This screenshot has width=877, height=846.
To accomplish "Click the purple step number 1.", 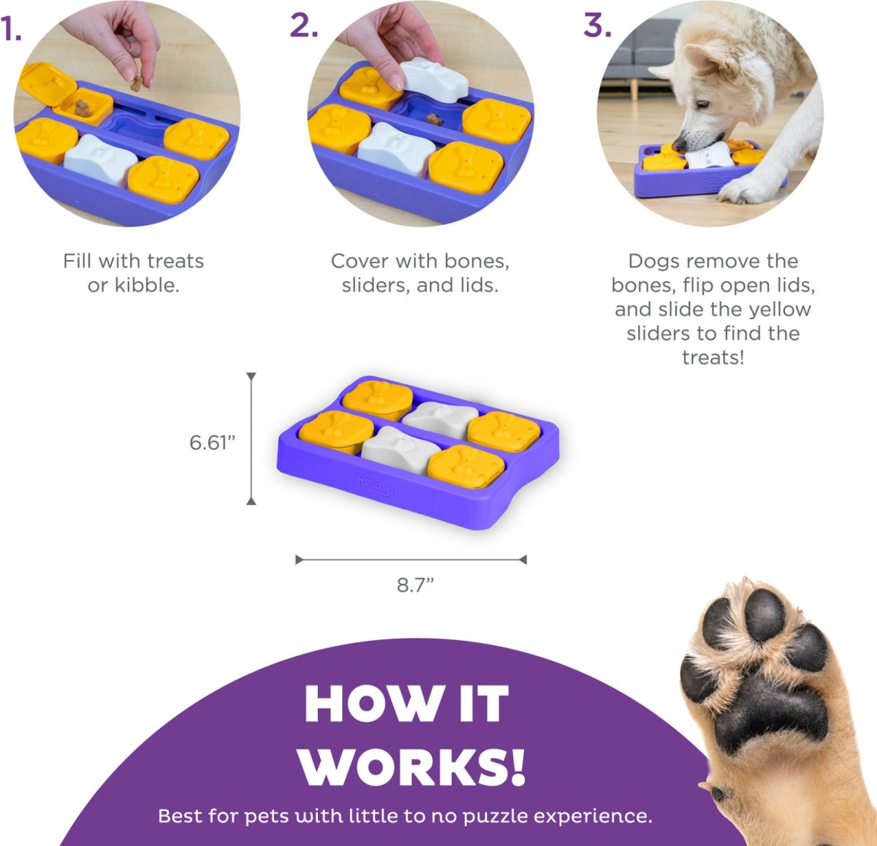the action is tap(10, 31).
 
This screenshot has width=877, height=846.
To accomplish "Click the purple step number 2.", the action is tap(304, 26).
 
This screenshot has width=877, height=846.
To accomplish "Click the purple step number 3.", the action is tap(597, 26).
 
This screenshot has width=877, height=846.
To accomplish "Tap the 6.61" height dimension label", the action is tap(212, 443).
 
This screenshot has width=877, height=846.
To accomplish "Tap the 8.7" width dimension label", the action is tap(415, 585).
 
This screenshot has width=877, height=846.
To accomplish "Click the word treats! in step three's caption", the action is tap(713, 358).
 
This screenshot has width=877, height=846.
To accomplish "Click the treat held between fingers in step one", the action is tap(137, 84).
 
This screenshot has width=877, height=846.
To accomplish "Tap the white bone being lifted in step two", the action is tap(433, 79).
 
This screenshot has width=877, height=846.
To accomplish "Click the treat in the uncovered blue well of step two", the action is tap(434, 119).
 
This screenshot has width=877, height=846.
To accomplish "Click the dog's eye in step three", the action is tap(701, 104).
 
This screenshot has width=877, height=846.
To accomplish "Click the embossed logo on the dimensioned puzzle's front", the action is tap(375, 484).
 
